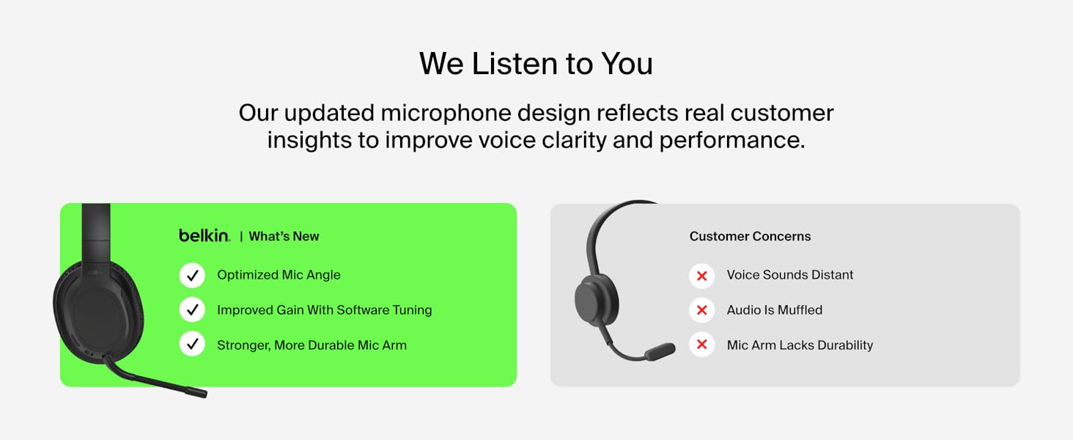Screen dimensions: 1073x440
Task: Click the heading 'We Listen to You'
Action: click(x=536, y=64)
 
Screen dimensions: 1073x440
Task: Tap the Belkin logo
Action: click(x=204, y=235)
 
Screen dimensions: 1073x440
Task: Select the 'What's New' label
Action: click(x=284, y=236)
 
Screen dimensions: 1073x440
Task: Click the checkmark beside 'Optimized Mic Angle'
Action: click(x=192, y=275)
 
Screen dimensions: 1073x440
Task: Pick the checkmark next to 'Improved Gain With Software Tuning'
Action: click(x=192, y=309)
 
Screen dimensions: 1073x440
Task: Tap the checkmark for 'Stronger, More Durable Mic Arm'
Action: click(x=192, y=344)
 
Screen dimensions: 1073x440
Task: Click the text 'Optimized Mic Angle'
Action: click(x=279, y=275)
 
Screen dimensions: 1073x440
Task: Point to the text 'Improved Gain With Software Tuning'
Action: click(x=324, y=310)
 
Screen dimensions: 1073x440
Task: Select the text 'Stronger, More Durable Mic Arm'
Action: click(x=311, y=345)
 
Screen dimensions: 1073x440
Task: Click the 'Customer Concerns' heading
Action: click(x=750, y=236)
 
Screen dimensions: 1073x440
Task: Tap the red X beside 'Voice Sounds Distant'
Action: click(x=701, y=276)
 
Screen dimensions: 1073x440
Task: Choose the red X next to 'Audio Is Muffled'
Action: click(x=701, y=310)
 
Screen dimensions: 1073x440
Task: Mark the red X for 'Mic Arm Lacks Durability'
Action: click(x=701, y=344)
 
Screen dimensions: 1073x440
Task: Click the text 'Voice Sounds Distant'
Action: click(x=790, y=275)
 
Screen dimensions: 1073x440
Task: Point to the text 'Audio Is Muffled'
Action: click(x=775, y=310)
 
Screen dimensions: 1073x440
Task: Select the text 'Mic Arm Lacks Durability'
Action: click(x=800, y=345)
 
